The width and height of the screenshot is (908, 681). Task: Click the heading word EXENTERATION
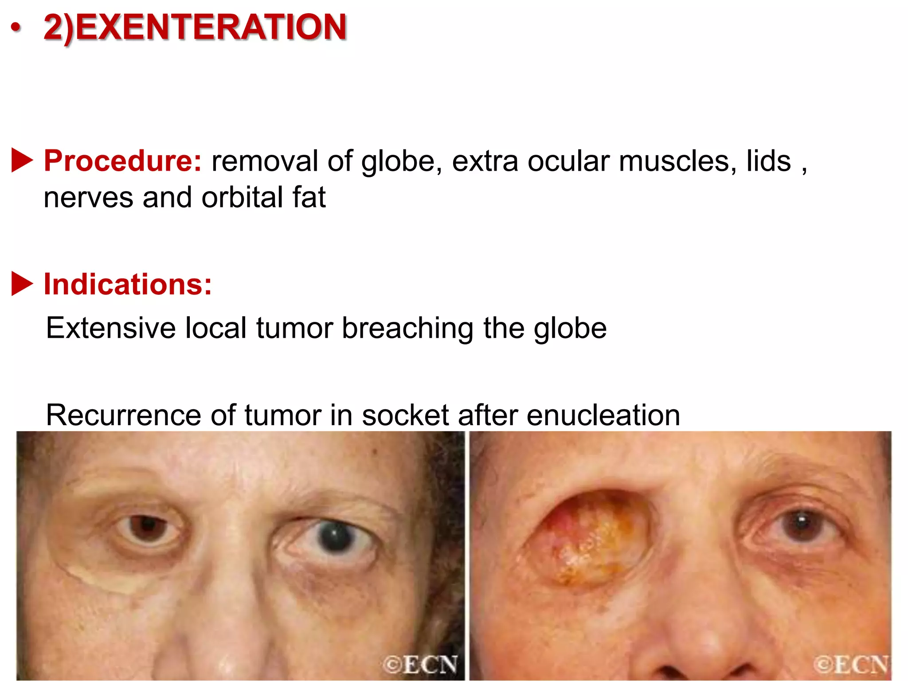[211, 27]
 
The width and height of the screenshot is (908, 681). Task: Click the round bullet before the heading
[16, 28]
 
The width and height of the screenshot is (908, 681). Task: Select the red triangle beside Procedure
[22, 160]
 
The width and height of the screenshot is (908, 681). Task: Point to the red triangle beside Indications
[22, 283]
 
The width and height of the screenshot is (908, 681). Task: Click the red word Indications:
[128, 284]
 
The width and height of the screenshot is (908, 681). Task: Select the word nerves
[88, 198]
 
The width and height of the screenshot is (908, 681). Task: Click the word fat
[309, 197]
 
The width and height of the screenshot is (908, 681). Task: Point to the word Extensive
[111, 329]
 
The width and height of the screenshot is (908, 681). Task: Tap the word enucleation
[603, 415]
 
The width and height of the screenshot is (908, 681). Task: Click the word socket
[406, 415]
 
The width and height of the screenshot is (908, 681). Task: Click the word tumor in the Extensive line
[294, 329]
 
